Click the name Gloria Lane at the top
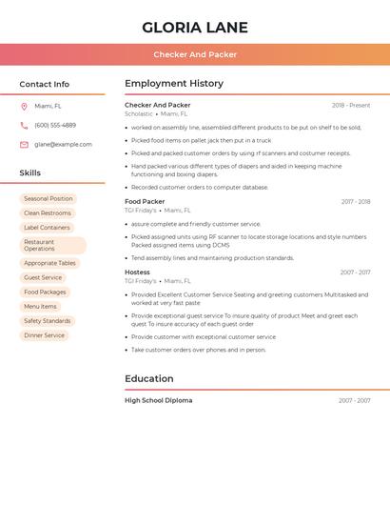pos(195,28)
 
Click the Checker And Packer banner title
pos(195,54)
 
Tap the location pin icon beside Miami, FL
pos(24,107)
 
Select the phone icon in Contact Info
pos(24,126)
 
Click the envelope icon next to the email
pos(24,145)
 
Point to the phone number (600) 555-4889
pos(55,126)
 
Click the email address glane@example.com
pos(64,145)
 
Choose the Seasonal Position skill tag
pos(49,199)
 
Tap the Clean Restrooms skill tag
pos(48,213)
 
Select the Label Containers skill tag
pos(47,228)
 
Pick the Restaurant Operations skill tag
pos(52,246)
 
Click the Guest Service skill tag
pos(43,278)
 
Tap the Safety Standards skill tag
pos(48,321)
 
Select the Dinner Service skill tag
pos(45,335)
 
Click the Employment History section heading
pos(174,84)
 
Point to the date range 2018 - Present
pos(351,106)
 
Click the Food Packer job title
pos(145,202)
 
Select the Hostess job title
pos(137,273)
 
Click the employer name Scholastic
pos(138,114)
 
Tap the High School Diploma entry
pos(158,401)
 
